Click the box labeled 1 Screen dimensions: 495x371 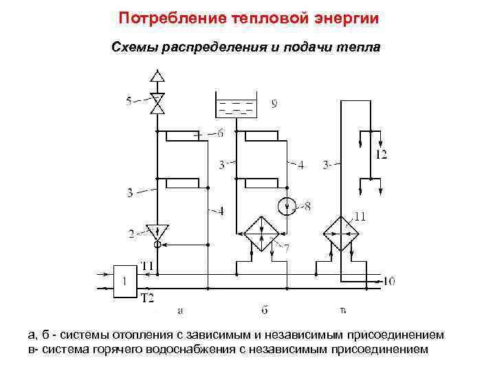click(x=124, y=281)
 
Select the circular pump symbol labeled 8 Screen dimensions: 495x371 click(x=287, y=205)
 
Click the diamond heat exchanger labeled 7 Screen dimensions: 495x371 click(x=259, y=233)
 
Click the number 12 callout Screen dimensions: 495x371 click(x=381, y=155)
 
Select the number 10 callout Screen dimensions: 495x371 click(x=390, y=281)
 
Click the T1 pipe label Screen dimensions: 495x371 click(x=147, y=265)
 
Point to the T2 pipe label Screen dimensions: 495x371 click(x=147, y=297)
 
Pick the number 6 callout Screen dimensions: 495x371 click(x=219, y=134)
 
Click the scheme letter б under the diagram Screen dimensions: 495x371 click(x=264, y=311)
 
